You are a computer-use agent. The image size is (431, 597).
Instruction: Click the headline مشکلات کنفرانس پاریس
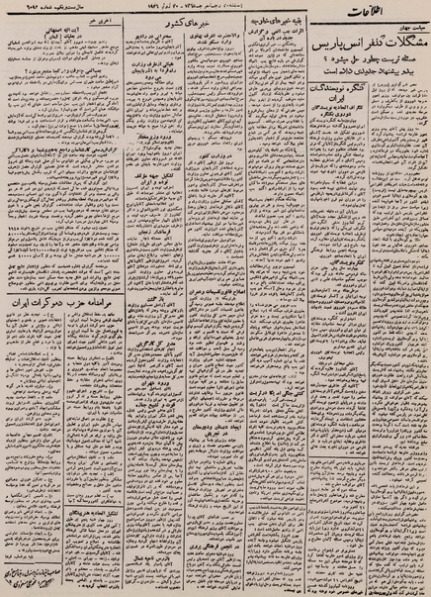point(358,48)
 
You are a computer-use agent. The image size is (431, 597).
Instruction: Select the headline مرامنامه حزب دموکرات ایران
point(63,298)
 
